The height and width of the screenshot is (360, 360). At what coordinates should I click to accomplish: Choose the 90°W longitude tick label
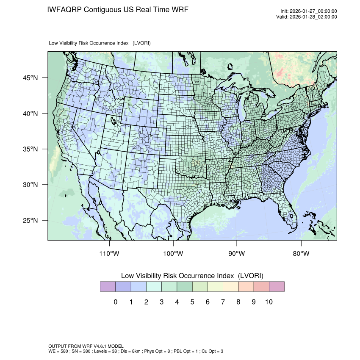(x=237, y=254)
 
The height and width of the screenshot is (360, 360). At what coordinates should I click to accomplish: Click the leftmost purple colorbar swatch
(x=108, y=287)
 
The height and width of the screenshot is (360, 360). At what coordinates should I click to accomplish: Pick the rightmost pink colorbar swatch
(x=277, y=287)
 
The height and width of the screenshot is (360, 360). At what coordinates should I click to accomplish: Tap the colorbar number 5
(x=192, y=302)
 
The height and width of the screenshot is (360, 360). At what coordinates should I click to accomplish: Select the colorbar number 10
(x=269, y=302)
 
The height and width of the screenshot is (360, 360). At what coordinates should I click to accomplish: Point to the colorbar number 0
(x=115, y=302)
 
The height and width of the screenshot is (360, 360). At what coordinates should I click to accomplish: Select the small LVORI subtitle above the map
(x=100, y=43)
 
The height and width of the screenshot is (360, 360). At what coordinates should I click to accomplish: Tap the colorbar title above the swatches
(x=192, y=276)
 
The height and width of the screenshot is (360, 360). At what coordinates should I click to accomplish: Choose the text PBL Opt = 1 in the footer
(x=185, y=351)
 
